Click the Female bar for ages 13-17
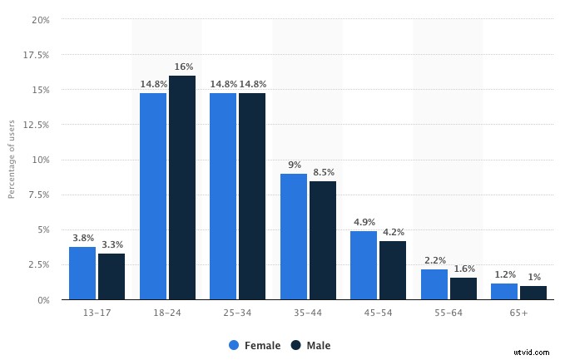pyautogui.click(x=82, y=273)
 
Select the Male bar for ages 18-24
pyautogui.click(x=182, y=188)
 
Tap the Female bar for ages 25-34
pyautogui.click(x=223, y=196)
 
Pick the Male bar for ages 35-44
pyautogui.click(x=323, y=240)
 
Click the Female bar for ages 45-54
pyautogui.click(x=364, y=265)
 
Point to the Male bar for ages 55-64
pyautogui.click(x=463, y=288)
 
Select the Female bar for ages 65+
pyautogui.click(x=504, y=291)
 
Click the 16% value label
pyautogui.click(x=182, y=67)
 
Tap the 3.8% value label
pyautogui.click(x=82, y=237)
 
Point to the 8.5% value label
pyautogui.click(x=323, y=171)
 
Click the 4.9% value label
pyautogui.click(x=364, y=222)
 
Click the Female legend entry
pyautogui.click(x=255, y=345)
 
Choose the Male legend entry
pyautogui.click(x=310, y=345)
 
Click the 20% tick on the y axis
pyautogui.click(x=41, y=19)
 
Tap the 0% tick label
pyautogui.click(x=42, y=299)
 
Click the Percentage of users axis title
pyautogui.click(x=12, y=160)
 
